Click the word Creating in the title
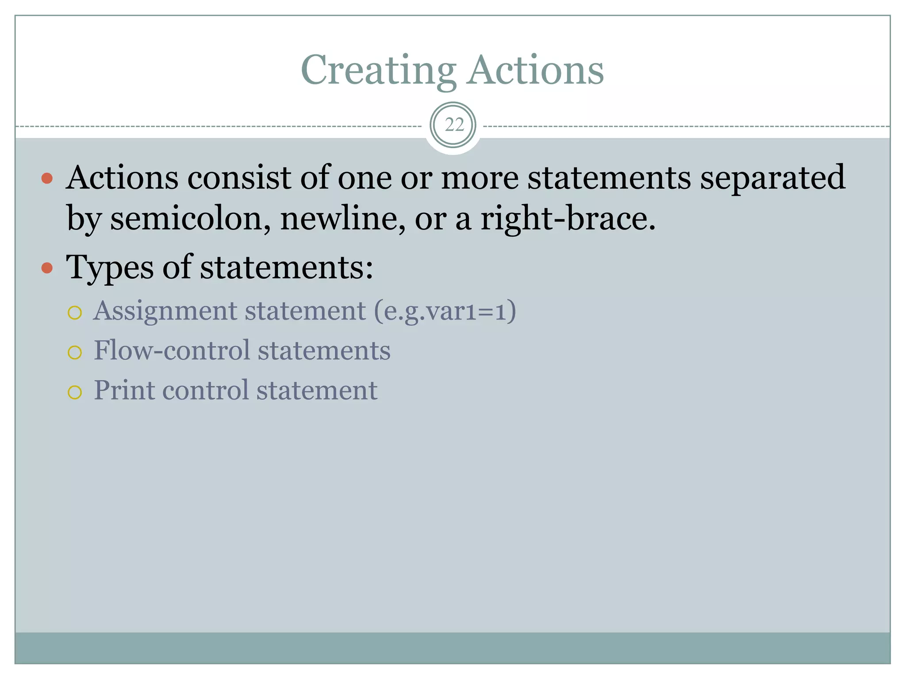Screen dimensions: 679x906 click(x=378, y=71)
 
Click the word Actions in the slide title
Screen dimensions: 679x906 click(x=536, y=71)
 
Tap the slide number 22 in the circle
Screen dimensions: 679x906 click(x=453, y=125)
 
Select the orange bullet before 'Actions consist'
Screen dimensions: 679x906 click(x=47, y=179)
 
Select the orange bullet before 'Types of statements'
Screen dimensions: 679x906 click(x=47, y=268)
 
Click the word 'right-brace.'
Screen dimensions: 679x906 click(x=568, y=219)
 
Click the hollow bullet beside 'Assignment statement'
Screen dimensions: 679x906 click(x=75, y=313)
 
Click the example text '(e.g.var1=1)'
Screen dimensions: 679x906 click(x=445, y=311)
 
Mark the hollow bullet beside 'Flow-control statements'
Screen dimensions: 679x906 click(x=75, y=352)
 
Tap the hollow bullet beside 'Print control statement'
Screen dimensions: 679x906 click(x=75, y=392)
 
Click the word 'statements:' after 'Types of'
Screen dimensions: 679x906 click(x=287, y=268)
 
